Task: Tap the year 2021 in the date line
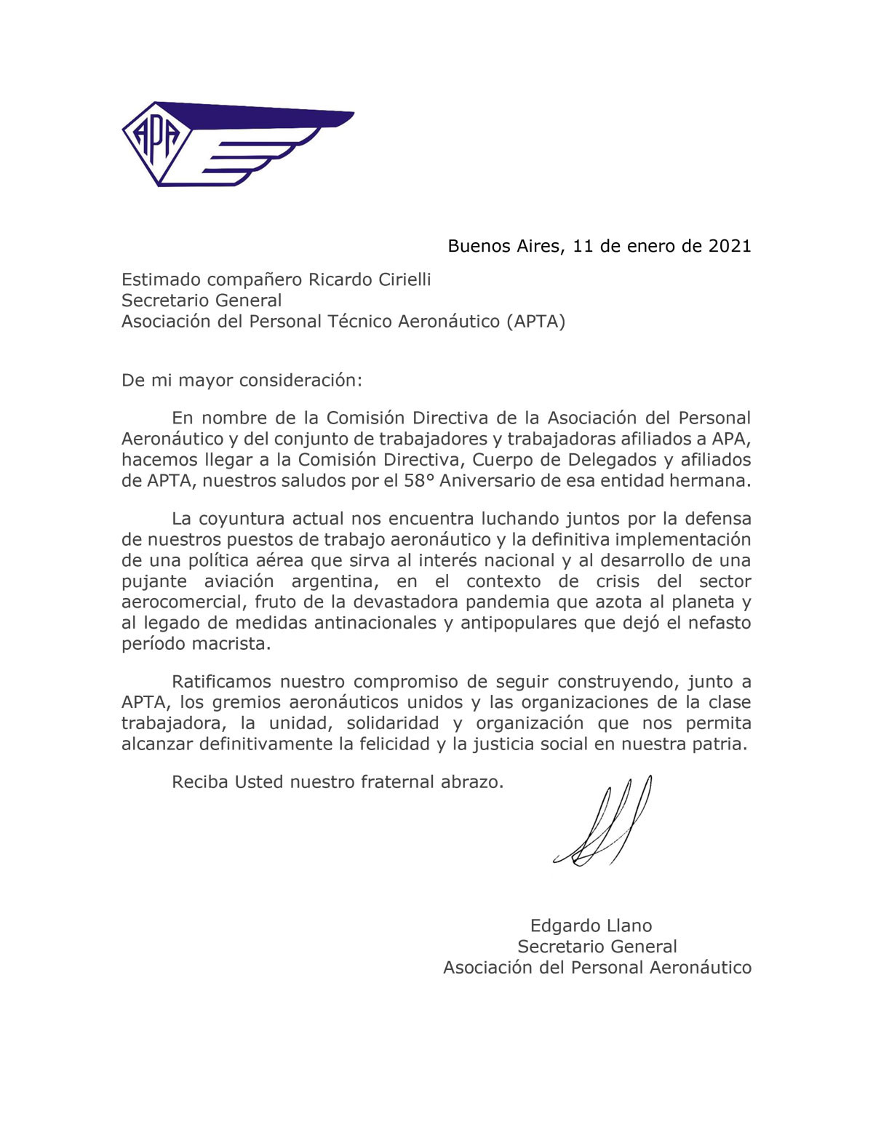tap(729, 246)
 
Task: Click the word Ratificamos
tap(223, 682)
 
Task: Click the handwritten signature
tap(604, 822)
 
